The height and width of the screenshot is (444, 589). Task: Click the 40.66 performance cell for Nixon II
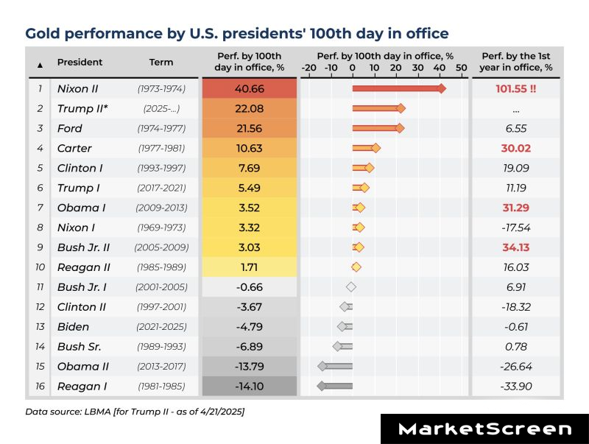pos(250,88)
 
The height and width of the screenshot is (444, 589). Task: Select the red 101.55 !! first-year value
pos(515,88)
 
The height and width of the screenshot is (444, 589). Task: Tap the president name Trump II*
pos(80,108)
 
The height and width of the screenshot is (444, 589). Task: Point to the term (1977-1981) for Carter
pos(161,148)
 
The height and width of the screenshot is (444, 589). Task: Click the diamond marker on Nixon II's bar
pos(441,88)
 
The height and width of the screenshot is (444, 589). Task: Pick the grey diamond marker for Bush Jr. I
pos(351,286)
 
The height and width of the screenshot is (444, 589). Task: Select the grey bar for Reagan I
pos(335,385)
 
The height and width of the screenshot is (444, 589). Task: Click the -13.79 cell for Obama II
pos(250,366)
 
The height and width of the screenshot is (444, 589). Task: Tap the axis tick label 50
pos(462,68)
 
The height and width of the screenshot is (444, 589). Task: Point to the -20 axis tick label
pos(308,68)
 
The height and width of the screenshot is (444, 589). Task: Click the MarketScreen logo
pos(484,429)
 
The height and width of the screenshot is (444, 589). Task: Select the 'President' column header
pos(80,63)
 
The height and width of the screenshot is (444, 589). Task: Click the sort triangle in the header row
pos(40,64)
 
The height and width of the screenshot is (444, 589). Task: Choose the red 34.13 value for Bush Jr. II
pos(515,247)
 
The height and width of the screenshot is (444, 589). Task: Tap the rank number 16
pos(40,385)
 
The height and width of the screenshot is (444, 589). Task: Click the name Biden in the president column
pos(73,326)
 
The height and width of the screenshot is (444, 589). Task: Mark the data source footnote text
pos(135,411)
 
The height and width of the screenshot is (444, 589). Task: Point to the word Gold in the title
pos(41,33)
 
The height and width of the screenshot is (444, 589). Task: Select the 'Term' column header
pos(161,63)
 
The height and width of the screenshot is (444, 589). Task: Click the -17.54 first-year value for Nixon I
pos(515,227)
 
